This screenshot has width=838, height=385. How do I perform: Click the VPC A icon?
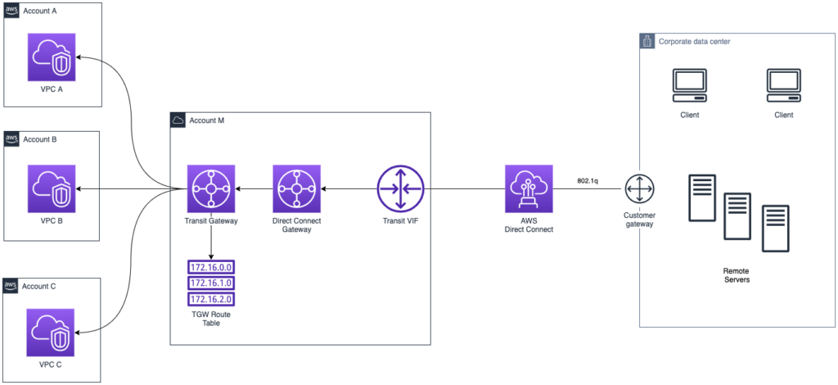[52, 57]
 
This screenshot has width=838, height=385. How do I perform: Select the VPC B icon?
[52, 188]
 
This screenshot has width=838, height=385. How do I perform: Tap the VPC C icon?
[52, 333]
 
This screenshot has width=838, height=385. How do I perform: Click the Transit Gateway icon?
[211, 188]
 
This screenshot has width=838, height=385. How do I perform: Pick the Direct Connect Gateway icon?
[296, 188]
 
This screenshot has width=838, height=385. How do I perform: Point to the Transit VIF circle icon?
[400, 188]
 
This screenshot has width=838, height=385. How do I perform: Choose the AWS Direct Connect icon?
[528, 188]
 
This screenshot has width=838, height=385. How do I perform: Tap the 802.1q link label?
[588, 181]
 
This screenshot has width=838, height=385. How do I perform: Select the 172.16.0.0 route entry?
[211, 267]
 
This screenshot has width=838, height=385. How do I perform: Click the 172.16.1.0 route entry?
[211, 283]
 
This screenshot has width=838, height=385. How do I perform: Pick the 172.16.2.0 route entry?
[211, 299]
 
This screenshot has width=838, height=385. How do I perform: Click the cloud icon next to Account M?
[178, 120]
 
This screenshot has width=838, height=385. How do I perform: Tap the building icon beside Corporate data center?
[647, 41]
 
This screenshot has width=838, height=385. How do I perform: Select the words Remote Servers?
[737, 275]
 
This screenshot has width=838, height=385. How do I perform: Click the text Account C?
[39, 286]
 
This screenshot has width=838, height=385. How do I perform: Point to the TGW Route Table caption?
[211, 319]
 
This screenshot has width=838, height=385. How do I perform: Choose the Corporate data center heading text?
[694, 41]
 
